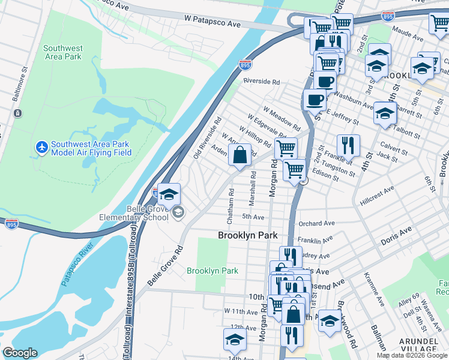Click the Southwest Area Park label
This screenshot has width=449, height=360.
tap(62, 52)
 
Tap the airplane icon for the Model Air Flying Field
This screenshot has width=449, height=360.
tap(41, 147)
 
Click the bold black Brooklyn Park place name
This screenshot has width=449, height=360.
tap(247, 236)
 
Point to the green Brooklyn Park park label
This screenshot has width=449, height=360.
tap(212, 271)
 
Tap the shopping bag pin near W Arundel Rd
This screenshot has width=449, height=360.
tap(240, 155)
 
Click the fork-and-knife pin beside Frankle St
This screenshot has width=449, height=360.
tap(348, 145)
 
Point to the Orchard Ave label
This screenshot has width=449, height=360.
tap(316, 223)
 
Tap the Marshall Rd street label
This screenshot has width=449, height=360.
tap(253, 187)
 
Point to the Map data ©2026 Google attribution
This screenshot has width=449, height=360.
tap(412, 355)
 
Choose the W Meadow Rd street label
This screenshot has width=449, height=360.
tap(282, 118)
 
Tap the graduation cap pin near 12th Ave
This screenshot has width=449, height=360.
tap(235, 339)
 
